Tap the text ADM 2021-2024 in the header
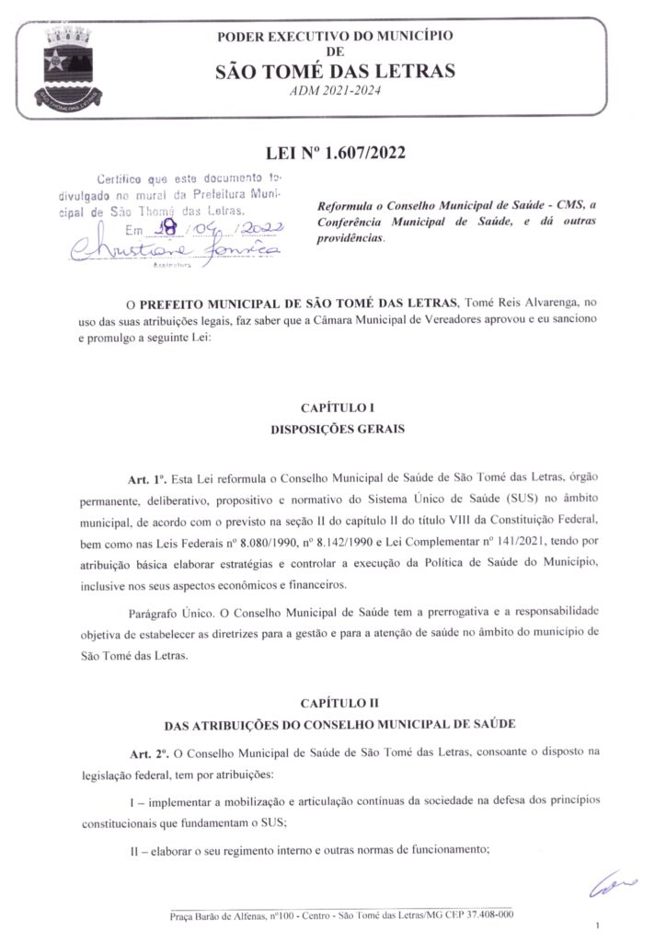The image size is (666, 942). point(334,91)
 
